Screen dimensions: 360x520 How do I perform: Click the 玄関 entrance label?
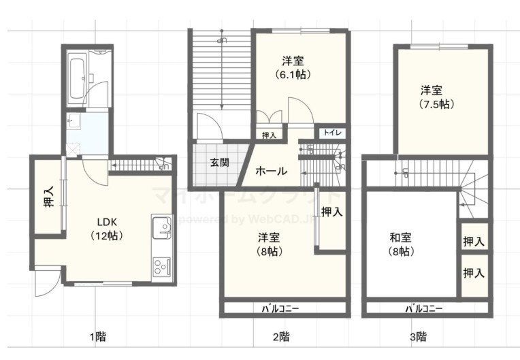coord(219,163)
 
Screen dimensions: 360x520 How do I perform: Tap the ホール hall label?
coord(271,171)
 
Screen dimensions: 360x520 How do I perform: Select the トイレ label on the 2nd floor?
coord(333,133)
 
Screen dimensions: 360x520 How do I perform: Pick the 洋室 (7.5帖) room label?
coord(434,97)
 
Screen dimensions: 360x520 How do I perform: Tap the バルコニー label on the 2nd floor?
coord(280,308)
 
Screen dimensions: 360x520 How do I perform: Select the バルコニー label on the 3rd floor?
coord(424,308)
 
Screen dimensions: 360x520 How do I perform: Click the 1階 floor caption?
coord(97,336)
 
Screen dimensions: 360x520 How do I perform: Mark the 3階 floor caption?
coord(418,336)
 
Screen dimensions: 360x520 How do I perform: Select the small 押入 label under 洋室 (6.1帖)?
coord(269,135)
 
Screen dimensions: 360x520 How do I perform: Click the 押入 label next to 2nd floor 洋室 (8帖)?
coord(331,212)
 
